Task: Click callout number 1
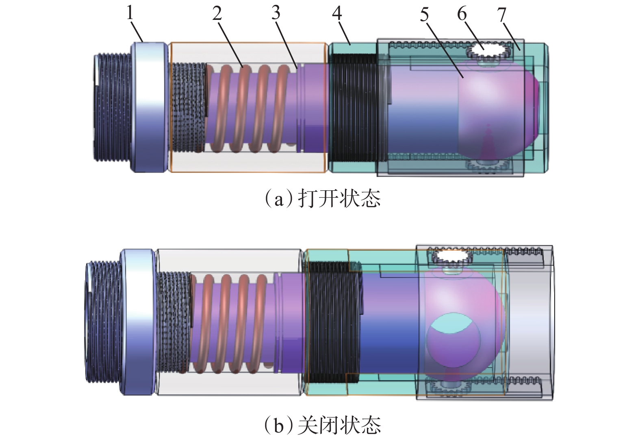(x=130, y=13)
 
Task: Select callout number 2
(x=217, y=14)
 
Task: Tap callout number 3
(x=276, y=13)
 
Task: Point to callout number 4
(x=337, y=14)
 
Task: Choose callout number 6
(x=462, y=14)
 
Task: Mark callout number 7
(x=502, y=15)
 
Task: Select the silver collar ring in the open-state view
(x=148, y=107)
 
